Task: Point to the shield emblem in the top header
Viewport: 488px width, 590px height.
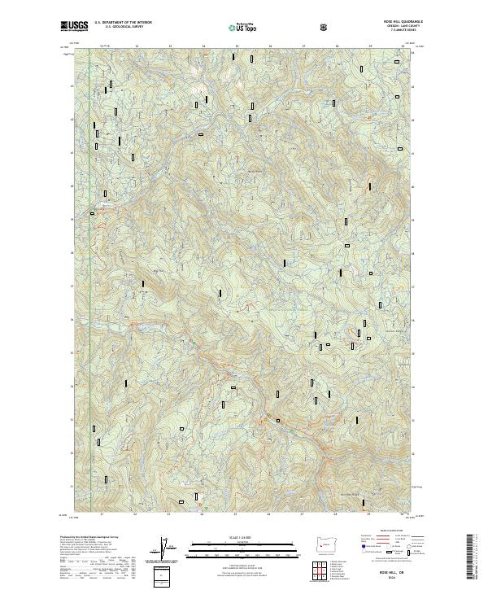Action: pos(325,27)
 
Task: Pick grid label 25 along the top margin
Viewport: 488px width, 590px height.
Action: pos(236,46)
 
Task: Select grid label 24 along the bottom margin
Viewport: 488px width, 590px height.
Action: pos(202,515)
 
